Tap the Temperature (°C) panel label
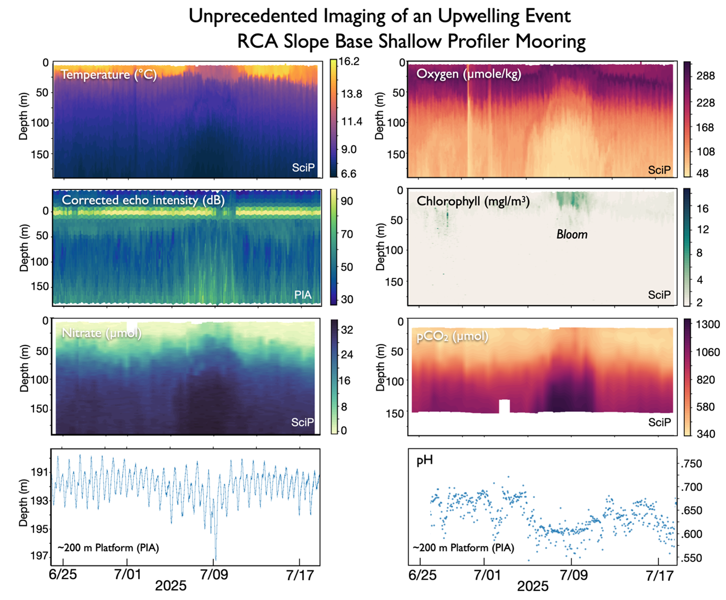(x=109, y=75)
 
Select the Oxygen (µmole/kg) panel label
(x=469, y=74)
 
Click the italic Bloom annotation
(x=572, y=234)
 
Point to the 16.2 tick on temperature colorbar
(x=349, y=61)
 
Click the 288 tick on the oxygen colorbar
(x=705, y=76)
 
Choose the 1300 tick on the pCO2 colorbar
(x=707, y=325)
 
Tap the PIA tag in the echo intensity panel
(x=303, y=295)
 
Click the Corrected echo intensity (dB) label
(x=143, y=200)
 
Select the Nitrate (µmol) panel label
(x=102, y=333)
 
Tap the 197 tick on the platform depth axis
(x=39, y=556)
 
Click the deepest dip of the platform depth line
(x=216, y=558)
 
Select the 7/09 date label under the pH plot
(x=573, y=575)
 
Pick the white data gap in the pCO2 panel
(x=504, y=406)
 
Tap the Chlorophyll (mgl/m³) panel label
(x=473, y=201)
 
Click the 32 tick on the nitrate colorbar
(x=347, y=330)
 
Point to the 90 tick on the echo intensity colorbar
(x=347, y=201)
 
